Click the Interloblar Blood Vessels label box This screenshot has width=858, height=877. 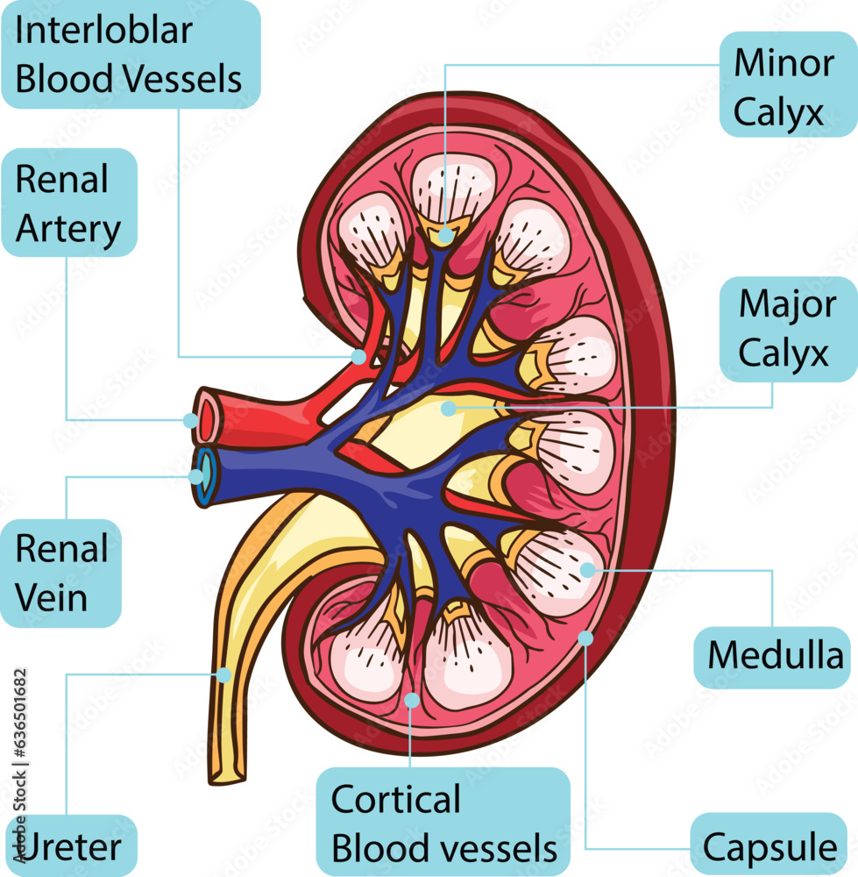click(130, 54)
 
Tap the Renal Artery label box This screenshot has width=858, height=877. click(69, 203)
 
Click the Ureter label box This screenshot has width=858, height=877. click(70, 846)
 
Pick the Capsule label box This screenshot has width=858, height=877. click(769, 846)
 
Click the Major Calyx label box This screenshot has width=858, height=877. click(787, 330)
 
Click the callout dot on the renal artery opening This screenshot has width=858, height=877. click(190, 420)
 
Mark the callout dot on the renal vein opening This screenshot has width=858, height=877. click(195, 476)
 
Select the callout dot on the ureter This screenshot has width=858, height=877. click(223, 675)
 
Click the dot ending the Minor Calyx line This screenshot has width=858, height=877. click(446, 235)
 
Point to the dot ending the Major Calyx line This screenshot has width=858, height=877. click(449, 408)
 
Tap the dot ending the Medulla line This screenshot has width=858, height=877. click(587, 570)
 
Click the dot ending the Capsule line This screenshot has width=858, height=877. click(585, 638)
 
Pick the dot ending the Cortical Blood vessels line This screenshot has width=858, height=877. click(411, 700)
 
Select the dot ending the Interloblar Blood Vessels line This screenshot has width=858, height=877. click(358, 357)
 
